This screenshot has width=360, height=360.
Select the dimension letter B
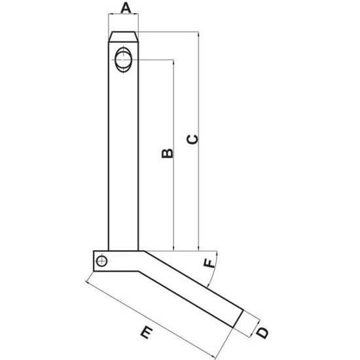tap(166, 153)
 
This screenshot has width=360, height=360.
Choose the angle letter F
tap(208, 264)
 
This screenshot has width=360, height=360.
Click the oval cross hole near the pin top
tap(123, 59)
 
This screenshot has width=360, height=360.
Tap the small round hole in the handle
tap(101, 262)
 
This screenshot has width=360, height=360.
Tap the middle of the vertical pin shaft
tap(123, 151)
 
